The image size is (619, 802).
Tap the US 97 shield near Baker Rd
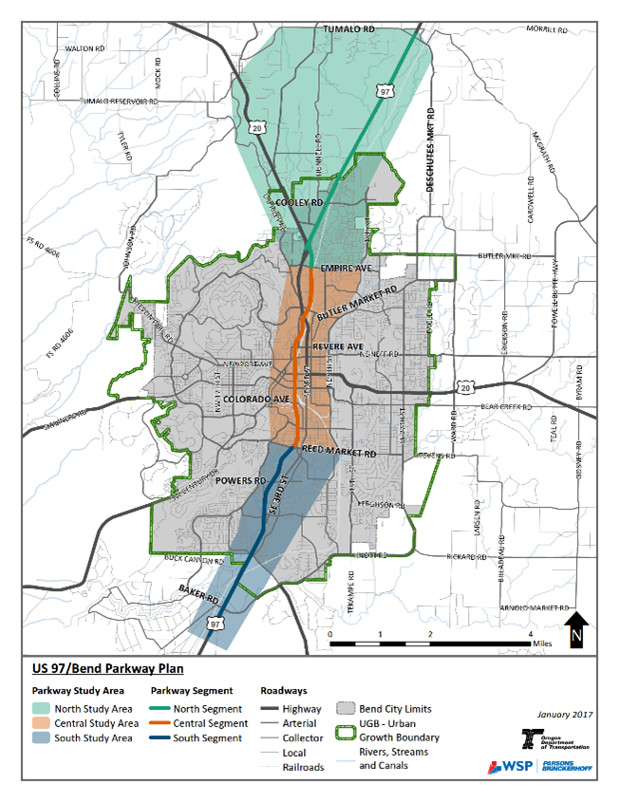[216, 624]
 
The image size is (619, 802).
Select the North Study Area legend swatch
[44, 708]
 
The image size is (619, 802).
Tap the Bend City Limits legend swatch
[344, 709]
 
